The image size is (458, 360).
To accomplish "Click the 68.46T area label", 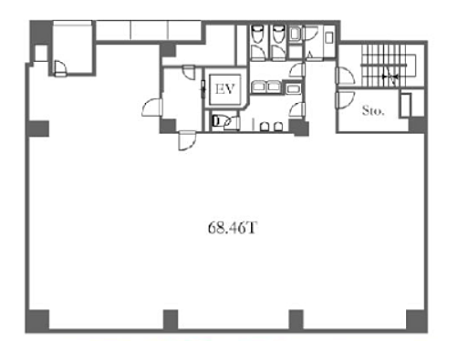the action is point(233,228).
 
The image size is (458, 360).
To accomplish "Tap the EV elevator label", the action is point(225,89).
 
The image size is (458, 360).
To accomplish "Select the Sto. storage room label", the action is point(373,110).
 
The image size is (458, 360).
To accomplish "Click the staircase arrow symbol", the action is point(390,77).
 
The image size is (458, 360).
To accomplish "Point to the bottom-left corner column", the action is point(37,321).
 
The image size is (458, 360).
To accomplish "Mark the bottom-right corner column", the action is point(417,321).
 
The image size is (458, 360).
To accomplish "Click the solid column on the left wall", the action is point(37,129).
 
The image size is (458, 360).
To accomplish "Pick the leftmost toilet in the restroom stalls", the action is point(257,34).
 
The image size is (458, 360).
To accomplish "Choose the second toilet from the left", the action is point(278,34).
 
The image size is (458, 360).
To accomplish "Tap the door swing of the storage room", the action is point(345,99).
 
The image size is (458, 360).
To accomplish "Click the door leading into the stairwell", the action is point(345,76).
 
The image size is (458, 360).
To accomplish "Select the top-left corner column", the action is point(40,32).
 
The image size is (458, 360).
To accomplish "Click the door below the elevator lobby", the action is point(187,140).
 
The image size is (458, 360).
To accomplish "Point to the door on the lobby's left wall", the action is point(152,107).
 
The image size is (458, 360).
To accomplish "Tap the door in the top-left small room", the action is point(60,68).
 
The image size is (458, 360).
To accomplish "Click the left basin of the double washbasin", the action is point(258,87).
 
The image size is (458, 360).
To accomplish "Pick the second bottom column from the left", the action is point(171,320).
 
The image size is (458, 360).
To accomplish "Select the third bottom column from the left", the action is point(296,320).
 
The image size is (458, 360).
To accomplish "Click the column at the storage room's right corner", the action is point(418,125).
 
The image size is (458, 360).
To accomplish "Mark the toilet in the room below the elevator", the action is point(218,121).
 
